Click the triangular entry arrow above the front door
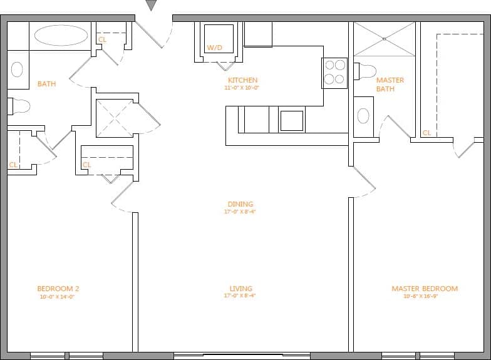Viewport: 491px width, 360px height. click(x=151, y=6)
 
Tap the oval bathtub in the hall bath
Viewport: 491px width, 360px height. click(x=61, y=35)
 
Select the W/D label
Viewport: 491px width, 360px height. click(x=214, y=48)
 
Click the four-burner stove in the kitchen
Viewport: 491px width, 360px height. click(x=334, y=71)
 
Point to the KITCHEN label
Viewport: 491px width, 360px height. click(x=242, y=81)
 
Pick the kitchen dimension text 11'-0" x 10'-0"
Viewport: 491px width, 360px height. click(x=242, y=88)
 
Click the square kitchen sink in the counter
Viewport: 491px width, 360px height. click(x=291, y=120)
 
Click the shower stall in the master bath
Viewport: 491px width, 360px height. click(x=385, y=39)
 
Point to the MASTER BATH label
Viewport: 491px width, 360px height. click(x=390, y=85)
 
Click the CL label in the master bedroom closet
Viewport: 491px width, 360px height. click(x=426, y=133)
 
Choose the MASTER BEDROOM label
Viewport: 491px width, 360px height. click(x=424, y=289)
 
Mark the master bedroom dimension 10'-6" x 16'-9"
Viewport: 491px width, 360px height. click(x=420, y=296)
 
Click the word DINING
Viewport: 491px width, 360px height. click(x=240, y=204)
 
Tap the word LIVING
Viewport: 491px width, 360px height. click(x=240, y=289)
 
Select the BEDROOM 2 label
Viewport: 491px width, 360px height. click(x=58, y=289)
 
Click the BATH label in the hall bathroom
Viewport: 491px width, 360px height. click(x=46, y=84)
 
